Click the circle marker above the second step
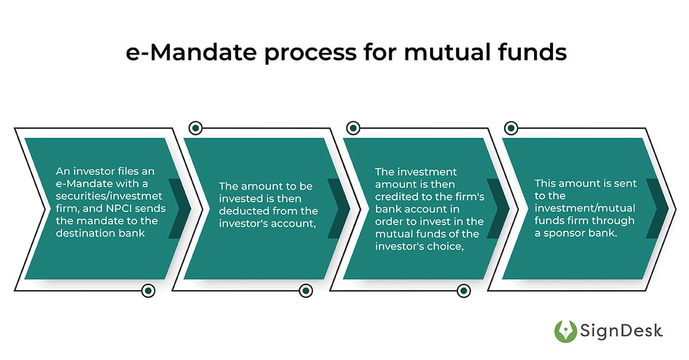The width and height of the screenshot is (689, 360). [x=195, y=127]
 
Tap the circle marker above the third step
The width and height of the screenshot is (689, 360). [x=353, y=127]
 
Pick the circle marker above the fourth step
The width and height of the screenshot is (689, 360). [x=511, y=127]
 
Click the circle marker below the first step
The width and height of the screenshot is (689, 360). [x=148, y=291]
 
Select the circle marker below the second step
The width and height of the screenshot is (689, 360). [x=306, y=291]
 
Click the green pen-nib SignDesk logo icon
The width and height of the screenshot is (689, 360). [x=566, y=331]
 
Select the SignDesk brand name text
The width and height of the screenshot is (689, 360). [x=621, y=331]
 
